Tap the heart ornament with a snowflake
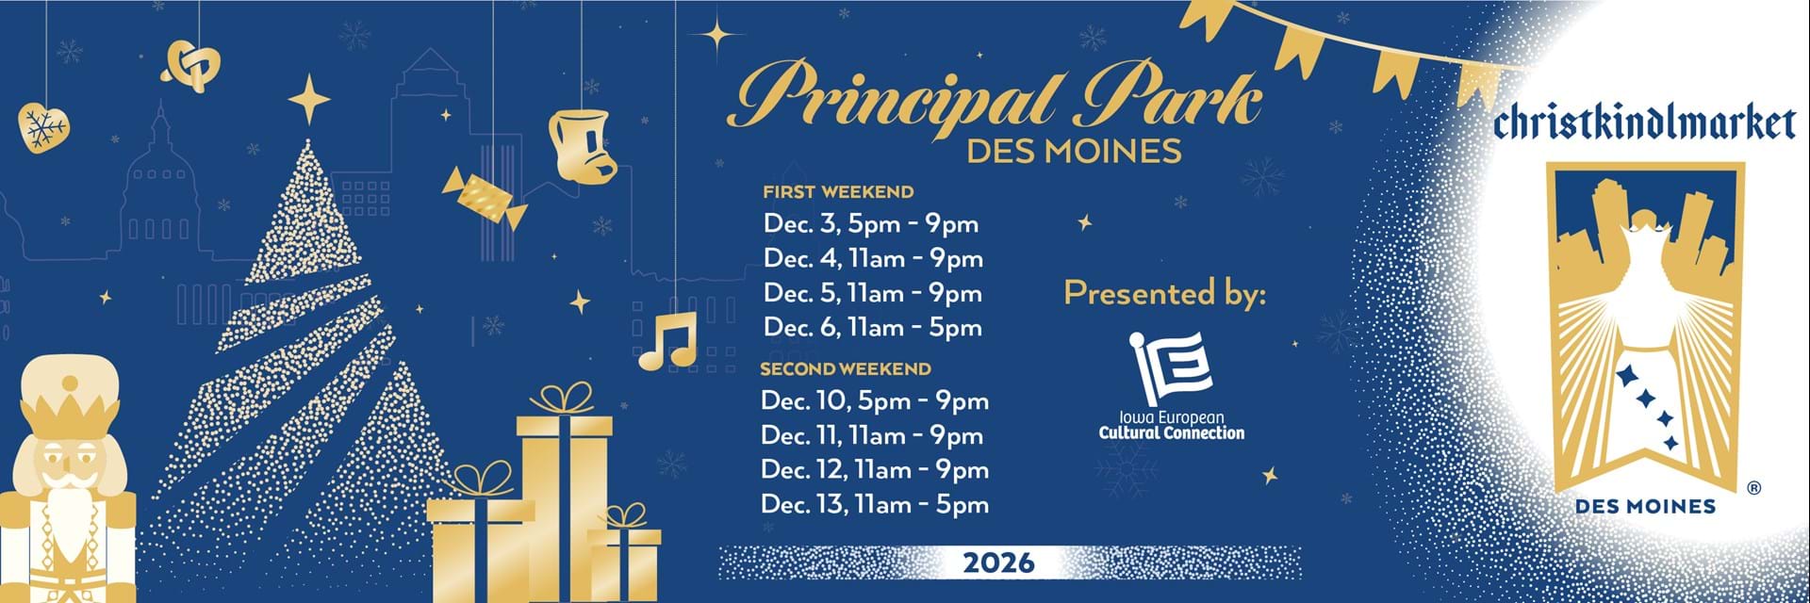point(43,126)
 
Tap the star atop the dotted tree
point(308,98)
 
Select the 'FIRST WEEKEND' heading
point(838,192)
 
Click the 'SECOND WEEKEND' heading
point(846,369)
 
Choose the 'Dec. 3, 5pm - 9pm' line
point(871,224)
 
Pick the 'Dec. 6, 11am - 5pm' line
point(873,328)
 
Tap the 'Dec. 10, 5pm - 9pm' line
point(875,401)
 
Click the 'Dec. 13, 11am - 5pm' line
point(875,505)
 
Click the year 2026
point(998,563)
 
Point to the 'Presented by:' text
point(1165,294)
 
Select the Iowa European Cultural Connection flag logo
point(1171,367)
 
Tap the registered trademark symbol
point(1753,488)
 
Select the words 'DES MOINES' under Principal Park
point(1074,152)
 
